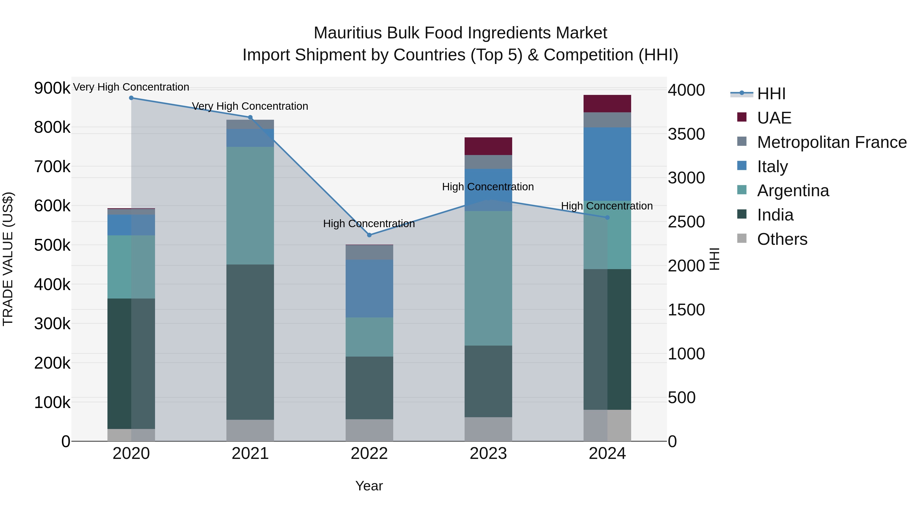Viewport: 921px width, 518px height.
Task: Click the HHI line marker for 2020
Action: pos(131,98)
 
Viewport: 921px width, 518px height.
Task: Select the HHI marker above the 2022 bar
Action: pos(369,235)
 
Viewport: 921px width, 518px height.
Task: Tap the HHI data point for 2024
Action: pos(607,217)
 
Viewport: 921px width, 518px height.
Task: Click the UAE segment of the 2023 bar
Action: pos(488,146)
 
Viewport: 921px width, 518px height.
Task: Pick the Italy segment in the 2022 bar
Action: pos(369,289)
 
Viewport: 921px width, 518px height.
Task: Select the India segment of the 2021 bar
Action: pos(250,342)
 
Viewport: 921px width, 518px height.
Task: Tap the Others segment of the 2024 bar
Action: pos(607,425)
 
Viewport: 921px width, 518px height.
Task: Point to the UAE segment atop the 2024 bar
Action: pos(607,104)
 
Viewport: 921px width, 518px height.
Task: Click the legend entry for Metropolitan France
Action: pos(832,142)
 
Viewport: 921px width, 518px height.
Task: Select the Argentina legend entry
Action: pos(793,191)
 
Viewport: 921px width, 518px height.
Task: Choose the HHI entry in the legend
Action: pos(771,94)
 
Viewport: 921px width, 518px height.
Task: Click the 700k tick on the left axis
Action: pos(52,167)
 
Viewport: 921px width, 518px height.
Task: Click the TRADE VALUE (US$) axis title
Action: pos(8,259)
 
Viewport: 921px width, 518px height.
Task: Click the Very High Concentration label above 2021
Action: pos(250,106)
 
